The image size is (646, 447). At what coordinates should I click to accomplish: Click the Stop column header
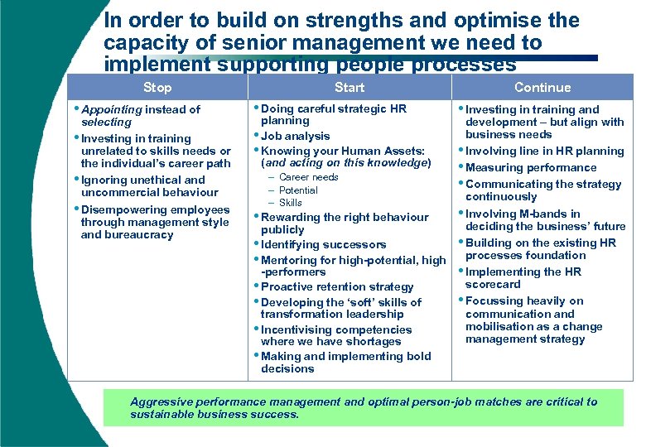tap(157, 88)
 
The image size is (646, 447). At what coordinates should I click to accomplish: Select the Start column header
tap(350, 88)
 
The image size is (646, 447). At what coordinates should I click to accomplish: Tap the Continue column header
tap(542, 88)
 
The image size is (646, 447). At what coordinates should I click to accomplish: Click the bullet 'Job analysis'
tap(295, 137)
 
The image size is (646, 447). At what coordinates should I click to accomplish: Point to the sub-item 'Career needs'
tap(308, 177)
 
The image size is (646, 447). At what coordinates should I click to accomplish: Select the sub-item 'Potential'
tap(298, 190)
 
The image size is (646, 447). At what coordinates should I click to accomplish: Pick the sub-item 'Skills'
tap(291, 203)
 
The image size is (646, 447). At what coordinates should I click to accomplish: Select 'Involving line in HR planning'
tap(544, 151)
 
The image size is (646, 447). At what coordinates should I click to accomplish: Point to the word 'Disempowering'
tap(122, 210)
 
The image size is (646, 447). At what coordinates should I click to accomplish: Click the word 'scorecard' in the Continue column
tap(493, 285)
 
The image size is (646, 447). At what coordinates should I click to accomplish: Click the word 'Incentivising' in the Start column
tap(296, 329)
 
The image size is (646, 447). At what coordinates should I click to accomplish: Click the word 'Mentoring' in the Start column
tap(289, 261)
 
